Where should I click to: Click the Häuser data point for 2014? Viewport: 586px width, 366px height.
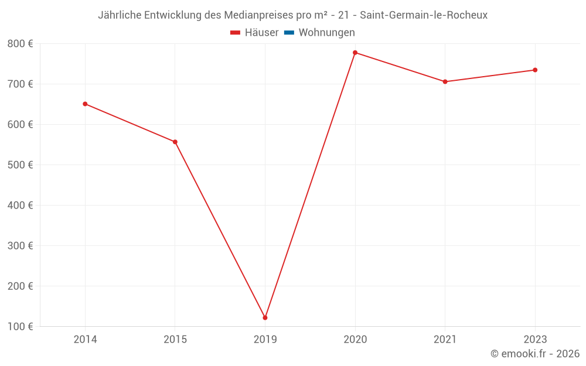tap(85, 104)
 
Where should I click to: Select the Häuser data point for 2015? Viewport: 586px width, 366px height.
tap(175, 142)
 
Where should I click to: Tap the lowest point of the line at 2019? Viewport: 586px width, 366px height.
tap(265, 318)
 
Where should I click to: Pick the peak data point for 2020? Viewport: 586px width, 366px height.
tap(355, 53)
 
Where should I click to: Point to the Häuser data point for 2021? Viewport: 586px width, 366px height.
tap(445, 82)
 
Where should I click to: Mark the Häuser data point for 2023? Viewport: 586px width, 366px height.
tap(535, 70)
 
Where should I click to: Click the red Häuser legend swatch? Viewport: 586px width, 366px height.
tap(236, 33)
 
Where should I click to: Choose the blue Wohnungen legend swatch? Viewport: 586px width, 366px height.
tap(288, 33)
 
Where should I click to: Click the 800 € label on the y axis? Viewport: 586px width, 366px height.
tap(20, 44)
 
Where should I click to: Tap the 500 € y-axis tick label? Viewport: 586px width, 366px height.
tap(20, 165)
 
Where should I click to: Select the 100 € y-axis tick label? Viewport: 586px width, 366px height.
tap(20, 327)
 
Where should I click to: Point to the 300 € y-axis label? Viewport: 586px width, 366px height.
tap(20, 246)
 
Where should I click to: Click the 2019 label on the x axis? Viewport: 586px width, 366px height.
tap(265, 339)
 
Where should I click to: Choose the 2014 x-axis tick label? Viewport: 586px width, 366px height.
tap(85, 339)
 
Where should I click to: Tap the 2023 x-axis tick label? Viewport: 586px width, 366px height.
tap(535, 339)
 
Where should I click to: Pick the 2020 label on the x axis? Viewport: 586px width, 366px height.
tap(355, 339)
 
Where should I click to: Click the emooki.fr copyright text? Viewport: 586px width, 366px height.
tap(535, 354)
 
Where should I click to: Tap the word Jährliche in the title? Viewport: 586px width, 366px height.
tap(119, 15)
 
